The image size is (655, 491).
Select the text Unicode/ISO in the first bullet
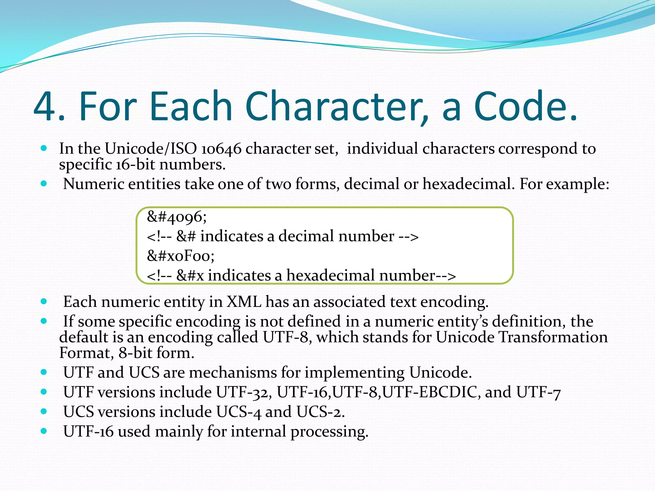pyautogui.click(x=151, y=149)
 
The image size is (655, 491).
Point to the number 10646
pyautogui.click(x=221, y=149)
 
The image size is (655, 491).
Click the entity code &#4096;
pyautogui.click(x=177, y=217)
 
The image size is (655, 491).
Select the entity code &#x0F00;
pyautogui.click(x=181, y=256)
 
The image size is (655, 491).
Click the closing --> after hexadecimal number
pyautogui.click(x=446, y=276)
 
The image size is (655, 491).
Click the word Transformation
pyautogui.click(x=553, y=337)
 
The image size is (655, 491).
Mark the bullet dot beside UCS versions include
pyautogui.click(x=44, y=411)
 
